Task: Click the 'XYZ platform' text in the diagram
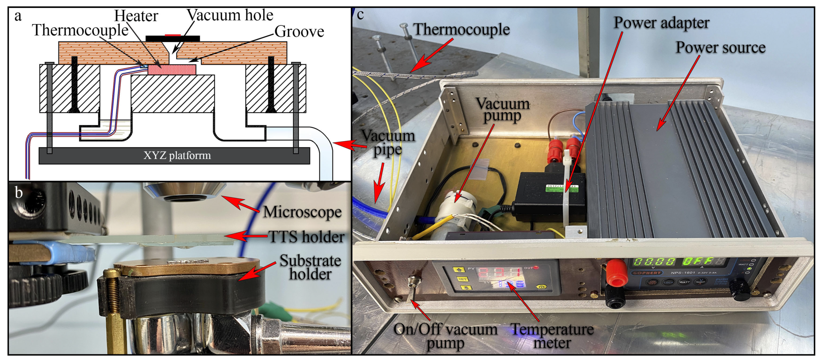tap(177, 156)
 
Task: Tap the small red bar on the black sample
tap(173, 35)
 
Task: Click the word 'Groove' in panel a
tap(299, 32)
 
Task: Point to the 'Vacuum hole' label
tap(230, 15)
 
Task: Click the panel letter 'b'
tap(18, 192)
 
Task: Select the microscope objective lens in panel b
tap(185, 193)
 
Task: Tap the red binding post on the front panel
tap(617, 273)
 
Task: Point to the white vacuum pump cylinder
tap(456, 207)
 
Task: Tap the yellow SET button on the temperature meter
tap(462, 279)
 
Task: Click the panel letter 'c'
tap(360, 15)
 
